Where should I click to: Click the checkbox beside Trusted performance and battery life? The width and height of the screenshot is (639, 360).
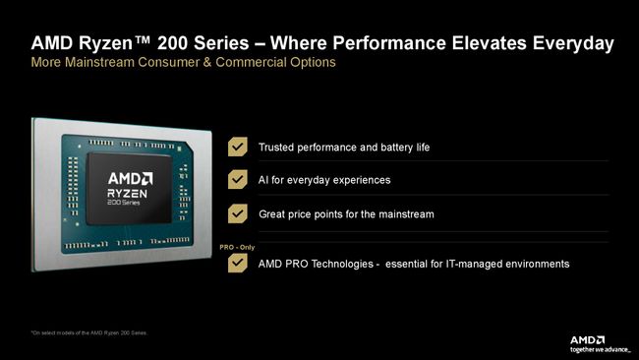click(x=237, y=147)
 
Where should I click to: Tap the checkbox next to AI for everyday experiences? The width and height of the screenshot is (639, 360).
click(x=237, y=180)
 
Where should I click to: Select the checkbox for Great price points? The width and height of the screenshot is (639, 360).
click(x=237, y=213)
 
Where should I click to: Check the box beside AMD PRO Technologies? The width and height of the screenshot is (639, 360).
click(x=237, y=263)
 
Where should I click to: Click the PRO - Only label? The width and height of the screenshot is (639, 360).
click(x=237, y=247)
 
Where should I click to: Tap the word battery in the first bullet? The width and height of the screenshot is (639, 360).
click(x=378, y=148)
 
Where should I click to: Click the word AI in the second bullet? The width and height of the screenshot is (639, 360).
click(x=264, y=180)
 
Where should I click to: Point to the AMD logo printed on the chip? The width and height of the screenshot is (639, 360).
click(x=130, y=178)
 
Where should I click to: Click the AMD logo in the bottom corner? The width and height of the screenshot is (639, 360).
click(x=589, y=339)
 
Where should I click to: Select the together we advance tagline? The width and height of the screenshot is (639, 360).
click(x=601, y=349)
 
